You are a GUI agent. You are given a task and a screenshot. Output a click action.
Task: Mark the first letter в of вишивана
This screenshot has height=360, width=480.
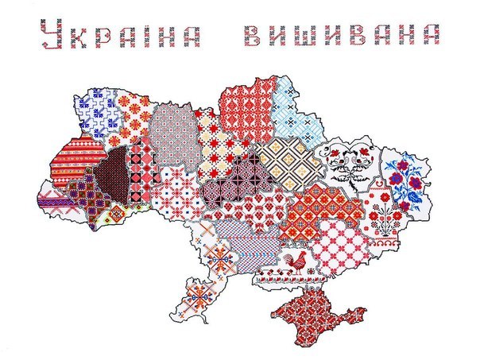(x=253, y=34)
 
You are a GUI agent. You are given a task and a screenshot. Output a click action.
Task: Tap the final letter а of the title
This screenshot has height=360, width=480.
(x=432, y=34)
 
